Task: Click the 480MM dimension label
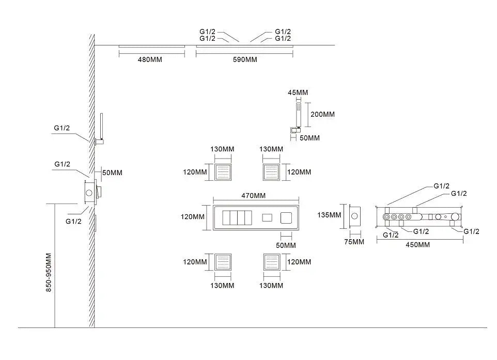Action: (150, 60)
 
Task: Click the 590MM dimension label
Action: (244, 60)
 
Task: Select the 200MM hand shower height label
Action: (322, 114)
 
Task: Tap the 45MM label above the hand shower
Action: (298, 92)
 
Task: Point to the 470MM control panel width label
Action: (253, 196)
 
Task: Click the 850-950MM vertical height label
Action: (49, 273)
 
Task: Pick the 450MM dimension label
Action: (417, 245)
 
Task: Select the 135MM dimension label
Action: (329, 215)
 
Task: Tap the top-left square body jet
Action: (223, 171)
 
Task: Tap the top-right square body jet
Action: (271, 171)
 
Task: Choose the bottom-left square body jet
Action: (223, 262)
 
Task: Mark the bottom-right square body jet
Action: (271, 262)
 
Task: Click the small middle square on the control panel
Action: (267, 218)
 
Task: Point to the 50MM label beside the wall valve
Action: (112, 173)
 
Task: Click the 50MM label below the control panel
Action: (286, 245)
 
